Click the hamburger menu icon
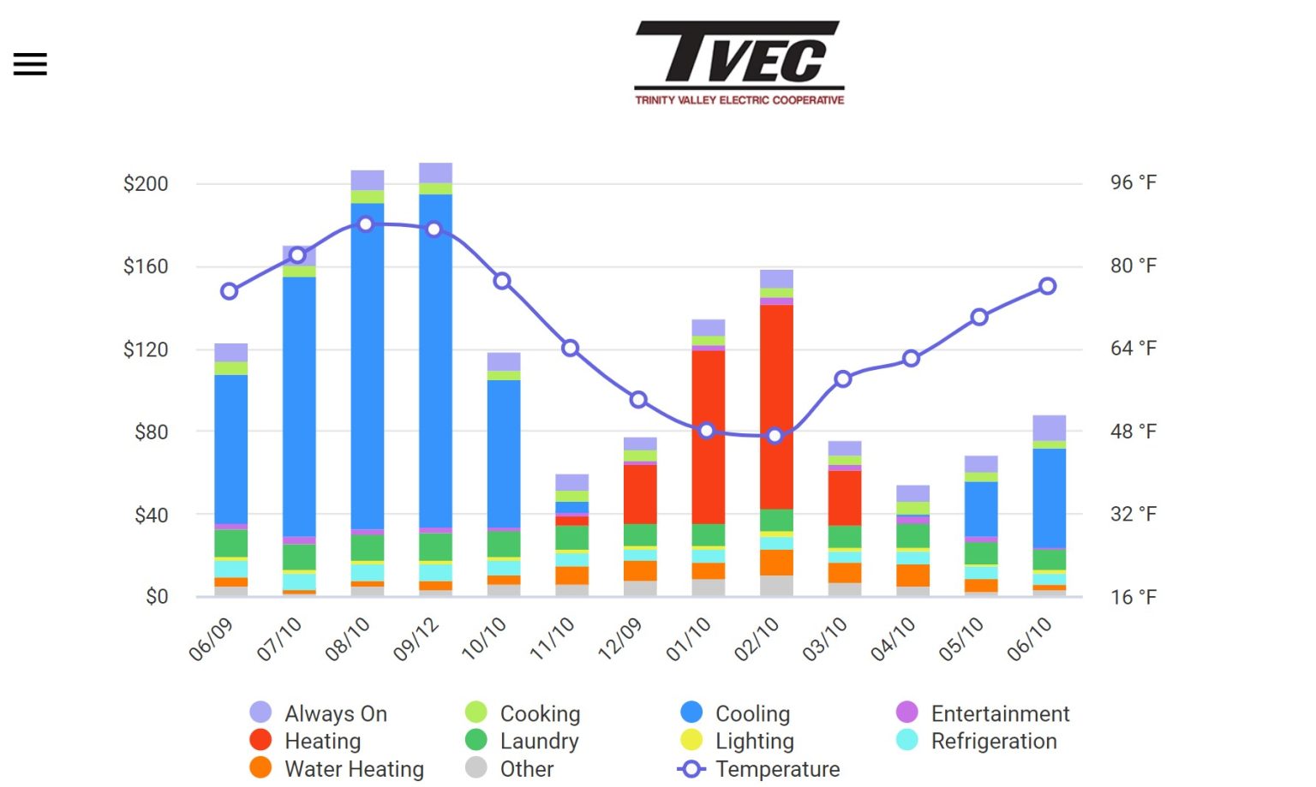coord(30,64)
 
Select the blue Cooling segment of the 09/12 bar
coord(435,360)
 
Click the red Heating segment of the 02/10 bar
coord(776,407)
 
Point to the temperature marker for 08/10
coord(366,224)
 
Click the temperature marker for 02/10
coord(775,436)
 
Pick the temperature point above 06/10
coord(1048,286)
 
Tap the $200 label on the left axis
coord(146,183)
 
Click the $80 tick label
coord(151,432)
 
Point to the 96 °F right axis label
coord(1133,182)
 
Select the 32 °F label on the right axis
coord(1133,514)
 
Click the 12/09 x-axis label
coord(620,639)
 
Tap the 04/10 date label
coord(894,639)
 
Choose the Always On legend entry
coord(335,713)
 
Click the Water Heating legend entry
coord(353,769)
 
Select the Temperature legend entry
coord(776,769)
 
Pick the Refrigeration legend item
coord(993,741)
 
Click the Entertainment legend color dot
coord(907,712)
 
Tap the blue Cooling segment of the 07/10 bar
coord(299,407)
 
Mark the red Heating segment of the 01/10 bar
coord(708,437)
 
